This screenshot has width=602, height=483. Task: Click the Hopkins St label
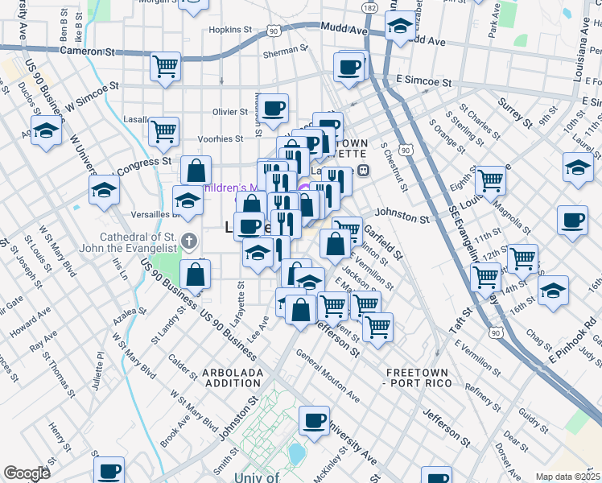tap(231, 30)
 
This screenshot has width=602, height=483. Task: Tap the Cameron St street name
tap(87, 51)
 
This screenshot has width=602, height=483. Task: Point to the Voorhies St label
tap(221, 138)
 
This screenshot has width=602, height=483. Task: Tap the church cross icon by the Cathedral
tap(188, 240)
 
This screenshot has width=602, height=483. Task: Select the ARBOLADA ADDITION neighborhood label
tap(232, 378)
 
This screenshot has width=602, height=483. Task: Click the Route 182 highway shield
tap(369, 7)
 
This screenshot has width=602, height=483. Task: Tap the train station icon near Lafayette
tap(364, 170)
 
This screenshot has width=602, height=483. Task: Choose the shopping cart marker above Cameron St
tap(165, 66)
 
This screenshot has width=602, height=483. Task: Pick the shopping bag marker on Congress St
tap(196, 171)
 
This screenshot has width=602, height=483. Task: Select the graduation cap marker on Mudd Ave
tap(398, 28)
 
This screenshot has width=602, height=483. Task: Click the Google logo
tap(27, 473)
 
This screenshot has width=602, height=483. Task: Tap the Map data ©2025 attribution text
tap(567, 477)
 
